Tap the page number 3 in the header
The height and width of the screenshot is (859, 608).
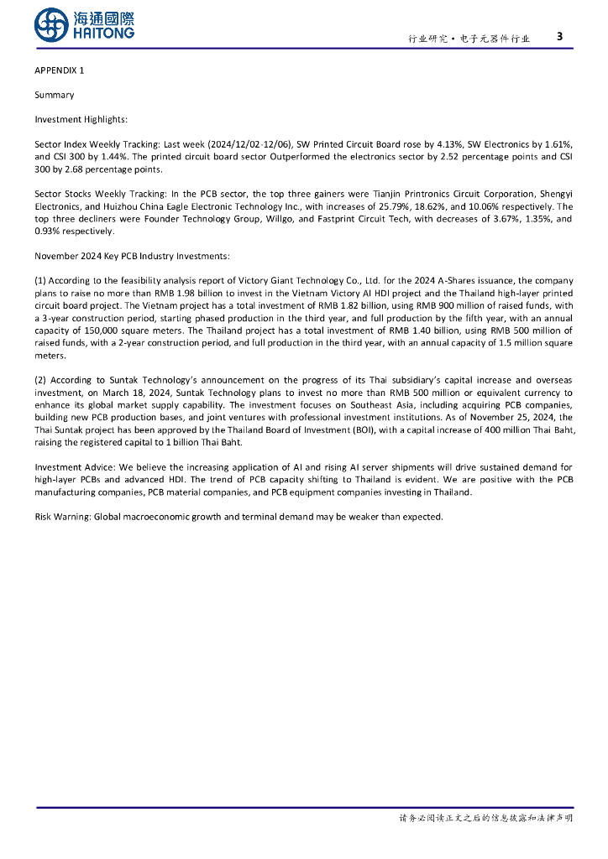559,36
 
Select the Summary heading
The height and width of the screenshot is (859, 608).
54,95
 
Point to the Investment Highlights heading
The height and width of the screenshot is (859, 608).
81,120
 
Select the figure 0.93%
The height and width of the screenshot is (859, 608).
47,231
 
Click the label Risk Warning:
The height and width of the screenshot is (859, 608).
63,517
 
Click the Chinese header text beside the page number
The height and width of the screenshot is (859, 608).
469,39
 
